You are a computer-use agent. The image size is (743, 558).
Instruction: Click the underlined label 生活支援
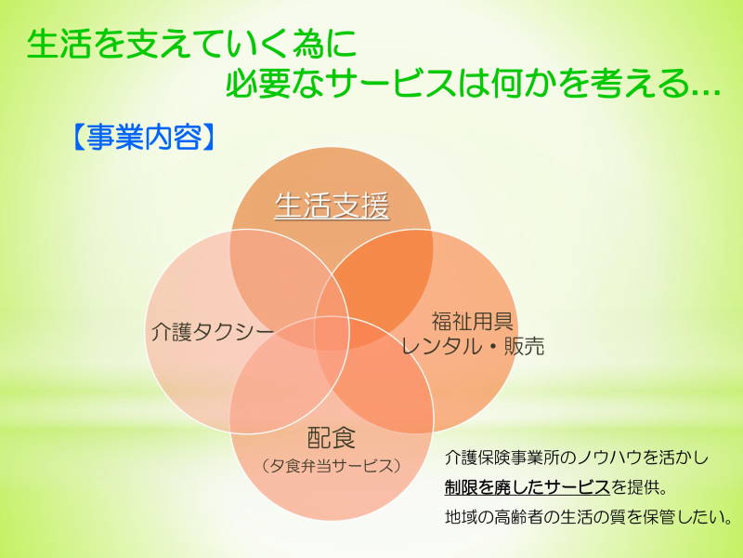tap(332, 206)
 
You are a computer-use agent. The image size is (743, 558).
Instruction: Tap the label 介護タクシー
tap(213, 331)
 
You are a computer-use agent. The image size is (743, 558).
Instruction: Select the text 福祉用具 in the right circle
tap(473, 322)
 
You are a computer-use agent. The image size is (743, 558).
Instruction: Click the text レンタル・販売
tap(473, 346)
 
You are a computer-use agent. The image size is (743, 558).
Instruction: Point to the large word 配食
tap(332, 437)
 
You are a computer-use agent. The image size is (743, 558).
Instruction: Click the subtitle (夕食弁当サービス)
tap(332, 466)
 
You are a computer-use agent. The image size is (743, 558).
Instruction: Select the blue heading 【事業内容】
tap(144, 138)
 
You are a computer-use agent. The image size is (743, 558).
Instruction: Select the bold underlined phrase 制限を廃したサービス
tap(527, 487)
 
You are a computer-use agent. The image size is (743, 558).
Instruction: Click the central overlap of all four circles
tap(332, 332)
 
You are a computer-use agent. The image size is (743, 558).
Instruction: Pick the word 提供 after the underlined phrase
tap(643, 487)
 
